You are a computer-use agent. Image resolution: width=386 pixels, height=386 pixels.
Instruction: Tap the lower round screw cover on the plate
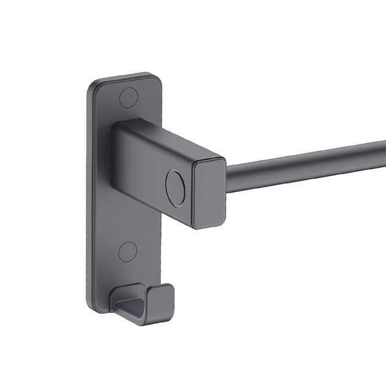pyautogui.click(x=127, y=251)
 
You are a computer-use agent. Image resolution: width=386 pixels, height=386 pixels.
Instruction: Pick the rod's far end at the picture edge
pyautogui.click(x=383, y=144)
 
